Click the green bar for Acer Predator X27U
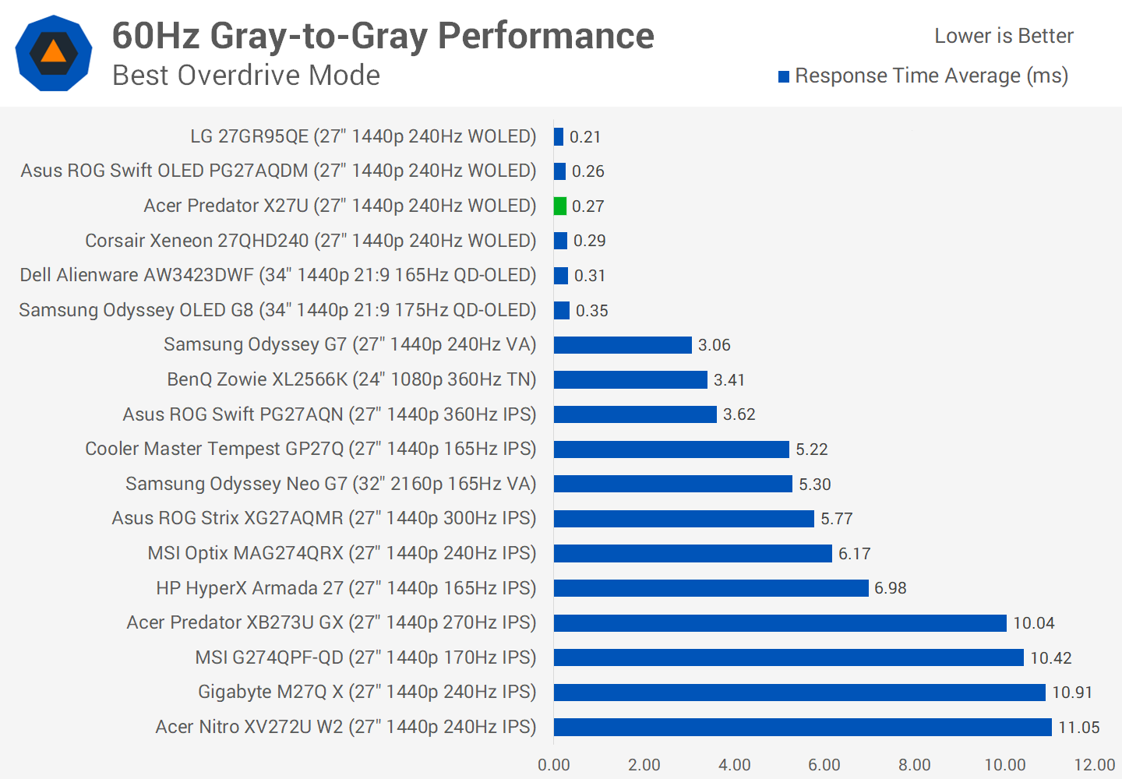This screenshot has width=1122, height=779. (559, 206)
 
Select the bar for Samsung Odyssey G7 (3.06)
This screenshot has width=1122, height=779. (623, 345)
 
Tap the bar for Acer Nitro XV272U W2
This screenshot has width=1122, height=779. (803, 727)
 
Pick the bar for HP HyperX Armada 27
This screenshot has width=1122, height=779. (711, 588)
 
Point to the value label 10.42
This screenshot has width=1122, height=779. (1051, 658)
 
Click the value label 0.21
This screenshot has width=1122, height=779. (585, 137)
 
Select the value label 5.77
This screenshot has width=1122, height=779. (837, 519)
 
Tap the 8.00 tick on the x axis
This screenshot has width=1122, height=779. (915, 765)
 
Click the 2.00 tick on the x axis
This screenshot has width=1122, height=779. (644, 765)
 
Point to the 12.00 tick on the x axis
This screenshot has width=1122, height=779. (1095, 765)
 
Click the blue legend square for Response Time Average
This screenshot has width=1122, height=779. (784, 76)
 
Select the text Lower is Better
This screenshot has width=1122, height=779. (1004, 36)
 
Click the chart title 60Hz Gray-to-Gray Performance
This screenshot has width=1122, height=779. (383, 36)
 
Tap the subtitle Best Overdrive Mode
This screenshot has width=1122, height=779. (246, 76)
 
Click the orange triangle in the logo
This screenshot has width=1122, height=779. (54, 52)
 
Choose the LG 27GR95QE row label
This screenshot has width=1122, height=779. (363, 136)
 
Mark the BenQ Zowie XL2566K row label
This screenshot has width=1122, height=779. (351, 379)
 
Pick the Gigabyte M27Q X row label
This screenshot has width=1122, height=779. (367, 692)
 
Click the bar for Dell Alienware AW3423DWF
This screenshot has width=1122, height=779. (561, 276)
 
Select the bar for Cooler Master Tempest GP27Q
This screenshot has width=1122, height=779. (671, 449)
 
